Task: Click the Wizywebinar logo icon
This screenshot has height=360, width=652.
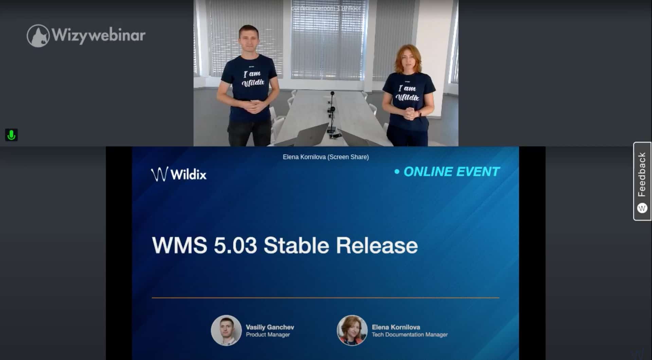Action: click(x=38, y=36)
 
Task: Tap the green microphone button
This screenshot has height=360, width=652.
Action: click(x=11, y=135)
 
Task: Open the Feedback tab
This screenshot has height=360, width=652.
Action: click(x=642, y=181)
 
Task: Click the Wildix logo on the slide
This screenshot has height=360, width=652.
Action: click(x=179, y=174)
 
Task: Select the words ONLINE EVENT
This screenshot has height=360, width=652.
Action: click(x=451, y=172)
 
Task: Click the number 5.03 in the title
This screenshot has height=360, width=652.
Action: click(x=235, y=245)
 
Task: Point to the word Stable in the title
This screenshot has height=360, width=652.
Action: click(x=296, y=245)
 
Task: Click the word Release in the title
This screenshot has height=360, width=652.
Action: click(x=377, y=245)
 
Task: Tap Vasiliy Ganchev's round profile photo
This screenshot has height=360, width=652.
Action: click(x=226, y=330)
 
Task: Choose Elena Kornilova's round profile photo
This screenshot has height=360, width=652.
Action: click(x=352, y=330)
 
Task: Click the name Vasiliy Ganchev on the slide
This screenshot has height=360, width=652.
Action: click(x=270, y=327)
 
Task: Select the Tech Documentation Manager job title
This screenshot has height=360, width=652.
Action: click(x=410, y=335)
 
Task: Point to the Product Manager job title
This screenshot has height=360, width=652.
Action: click(x=268, y=335)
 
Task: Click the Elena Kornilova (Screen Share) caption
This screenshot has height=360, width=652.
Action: click(x=326, y=157)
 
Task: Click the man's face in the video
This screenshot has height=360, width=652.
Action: click(x=249, y=40)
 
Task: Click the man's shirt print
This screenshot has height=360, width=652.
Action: click(x=253, y=78)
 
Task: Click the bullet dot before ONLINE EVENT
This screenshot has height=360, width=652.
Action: click(x=397, y=172)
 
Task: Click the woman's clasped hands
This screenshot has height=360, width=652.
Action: click(x=410, y=113)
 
